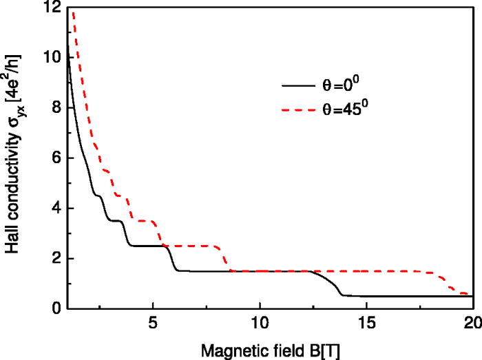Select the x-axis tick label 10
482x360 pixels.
pyautogui.click(x=260, y=324)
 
